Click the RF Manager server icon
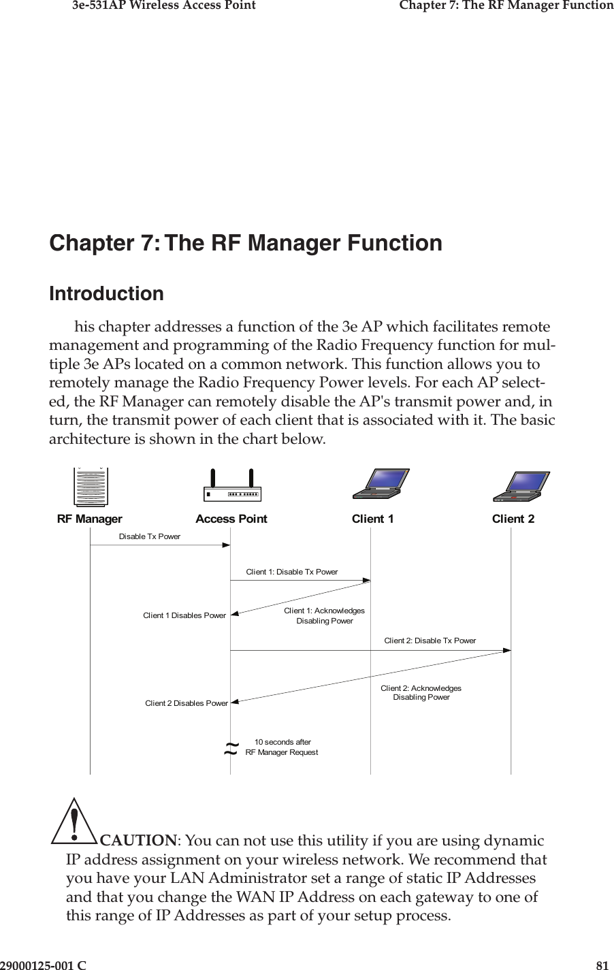click(91, 488)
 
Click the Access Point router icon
click(231, 487)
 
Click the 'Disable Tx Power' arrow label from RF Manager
click(150, 536)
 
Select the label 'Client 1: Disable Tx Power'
click(291, 572)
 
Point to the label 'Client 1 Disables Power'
click(184, 615)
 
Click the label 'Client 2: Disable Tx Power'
click(430, 641)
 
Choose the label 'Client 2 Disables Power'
click(186, 703)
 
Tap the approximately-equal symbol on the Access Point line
click(231, 749)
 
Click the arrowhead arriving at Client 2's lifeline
click(506, 651)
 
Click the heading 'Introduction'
click(107, 294)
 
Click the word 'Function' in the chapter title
click(395, 243)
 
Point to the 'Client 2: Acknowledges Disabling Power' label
click(421, 693)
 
